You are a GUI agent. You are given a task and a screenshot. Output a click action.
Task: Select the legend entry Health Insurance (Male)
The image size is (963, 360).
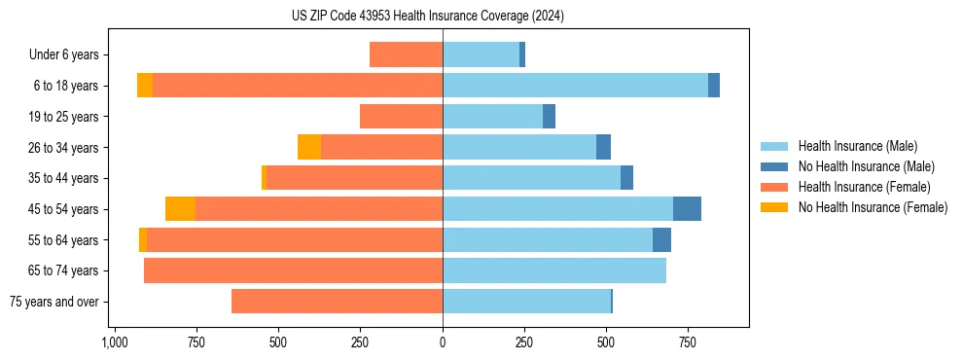coord(857,146)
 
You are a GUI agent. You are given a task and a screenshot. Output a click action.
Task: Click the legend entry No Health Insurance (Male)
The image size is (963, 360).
coord(866,166)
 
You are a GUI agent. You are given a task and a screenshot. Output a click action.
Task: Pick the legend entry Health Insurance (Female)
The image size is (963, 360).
coord(864,187)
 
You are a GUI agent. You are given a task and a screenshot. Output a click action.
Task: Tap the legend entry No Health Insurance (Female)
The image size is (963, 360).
coord(873,207)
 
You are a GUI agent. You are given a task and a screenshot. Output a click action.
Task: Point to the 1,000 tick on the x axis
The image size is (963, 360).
coord(115,342)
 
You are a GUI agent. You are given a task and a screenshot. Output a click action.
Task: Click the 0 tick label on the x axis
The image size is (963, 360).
coord(443,342)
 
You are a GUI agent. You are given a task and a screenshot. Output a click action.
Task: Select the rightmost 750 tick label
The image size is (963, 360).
coord(688,342)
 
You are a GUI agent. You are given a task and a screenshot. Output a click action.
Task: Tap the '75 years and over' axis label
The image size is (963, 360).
coord(54,302)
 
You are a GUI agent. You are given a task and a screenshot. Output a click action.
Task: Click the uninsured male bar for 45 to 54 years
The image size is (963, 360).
coord(687,209)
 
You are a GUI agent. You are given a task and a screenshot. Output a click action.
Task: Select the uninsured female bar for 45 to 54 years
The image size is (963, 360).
coord(180,209)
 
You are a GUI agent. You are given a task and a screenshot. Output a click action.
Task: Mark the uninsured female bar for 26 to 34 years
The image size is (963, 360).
coord(309,148)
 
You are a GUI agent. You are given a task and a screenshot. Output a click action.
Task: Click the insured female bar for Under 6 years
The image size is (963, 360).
coord(406,55)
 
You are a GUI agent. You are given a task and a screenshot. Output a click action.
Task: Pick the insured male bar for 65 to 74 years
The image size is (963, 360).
coord(554,270)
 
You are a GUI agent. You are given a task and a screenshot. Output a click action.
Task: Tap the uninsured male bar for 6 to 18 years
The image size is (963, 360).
coord(714,86)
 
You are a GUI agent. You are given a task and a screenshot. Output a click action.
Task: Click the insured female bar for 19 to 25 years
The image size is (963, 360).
coord(401,117)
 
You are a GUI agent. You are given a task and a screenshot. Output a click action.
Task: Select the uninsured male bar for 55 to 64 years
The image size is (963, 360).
coord(661,240)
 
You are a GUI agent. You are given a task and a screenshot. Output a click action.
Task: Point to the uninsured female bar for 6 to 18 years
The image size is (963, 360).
coord(145,86)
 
